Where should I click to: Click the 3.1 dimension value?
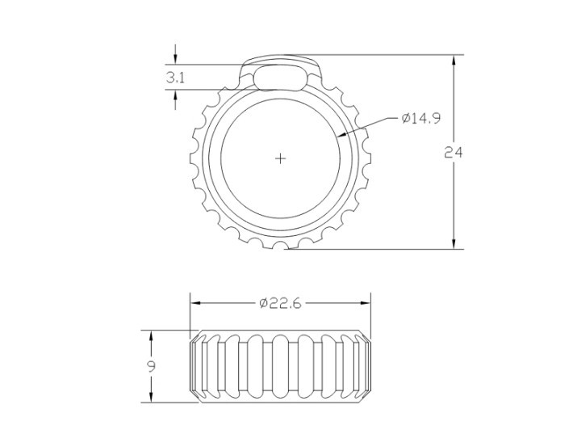[x=175, y=78]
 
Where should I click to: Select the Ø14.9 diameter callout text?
[x=421, y=118]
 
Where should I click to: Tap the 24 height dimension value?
[x=454, y=152]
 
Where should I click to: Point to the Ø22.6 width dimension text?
[x=280, y=303]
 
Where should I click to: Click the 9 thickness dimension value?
[x=151, y=366]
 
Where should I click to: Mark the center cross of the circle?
[x=281, y=158]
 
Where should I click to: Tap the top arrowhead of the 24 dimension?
[x=454, y=60]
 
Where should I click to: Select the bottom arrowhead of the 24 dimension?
[x=454, y=243]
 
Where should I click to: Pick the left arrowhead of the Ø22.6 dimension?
[x=195, y=303]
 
